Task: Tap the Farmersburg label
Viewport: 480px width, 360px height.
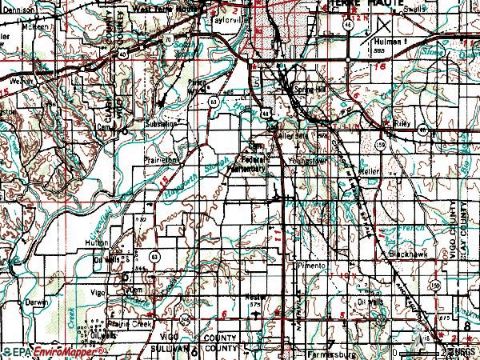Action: [x=330, y=351]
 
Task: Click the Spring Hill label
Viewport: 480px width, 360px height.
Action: [x=310, y=89]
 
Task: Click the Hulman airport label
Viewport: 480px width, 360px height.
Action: [x=387, y=40]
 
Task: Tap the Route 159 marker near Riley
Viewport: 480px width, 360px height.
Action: [x=382, y=144]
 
